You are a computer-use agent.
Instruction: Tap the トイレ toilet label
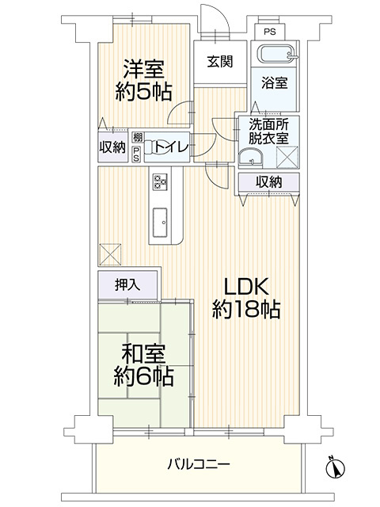pos(171,146)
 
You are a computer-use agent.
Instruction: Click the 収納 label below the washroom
pos(268,181)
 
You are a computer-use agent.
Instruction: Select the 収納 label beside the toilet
pos(112,147)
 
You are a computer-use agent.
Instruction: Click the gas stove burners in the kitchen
pos(160,182)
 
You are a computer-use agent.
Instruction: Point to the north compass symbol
pos(334,468)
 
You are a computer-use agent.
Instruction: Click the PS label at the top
pos(270,32)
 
